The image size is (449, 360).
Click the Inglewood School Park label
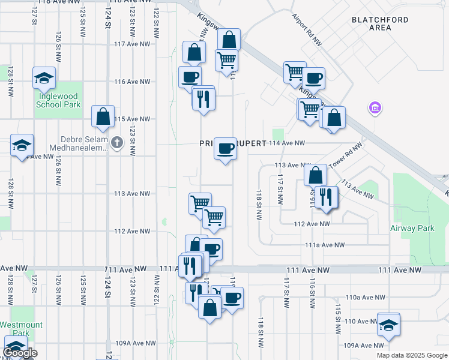(58, 100)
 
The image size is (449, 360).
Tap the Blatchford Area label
(380, 23)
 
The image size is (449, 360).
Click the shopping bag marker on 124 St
(103, 116)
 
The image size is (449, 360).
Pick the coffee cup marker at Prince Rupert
(226, 148)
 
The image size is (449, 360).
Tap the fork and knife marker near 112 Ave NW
(326, 197)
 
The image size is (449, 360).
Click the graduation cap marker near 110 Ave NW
(388, 324)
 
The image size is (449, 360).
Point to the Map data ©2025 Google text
(411, 355)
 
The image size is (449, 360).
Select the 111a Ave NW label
(325, 245)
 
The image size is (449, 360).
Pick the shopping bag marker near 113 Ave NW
(315, 175)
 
